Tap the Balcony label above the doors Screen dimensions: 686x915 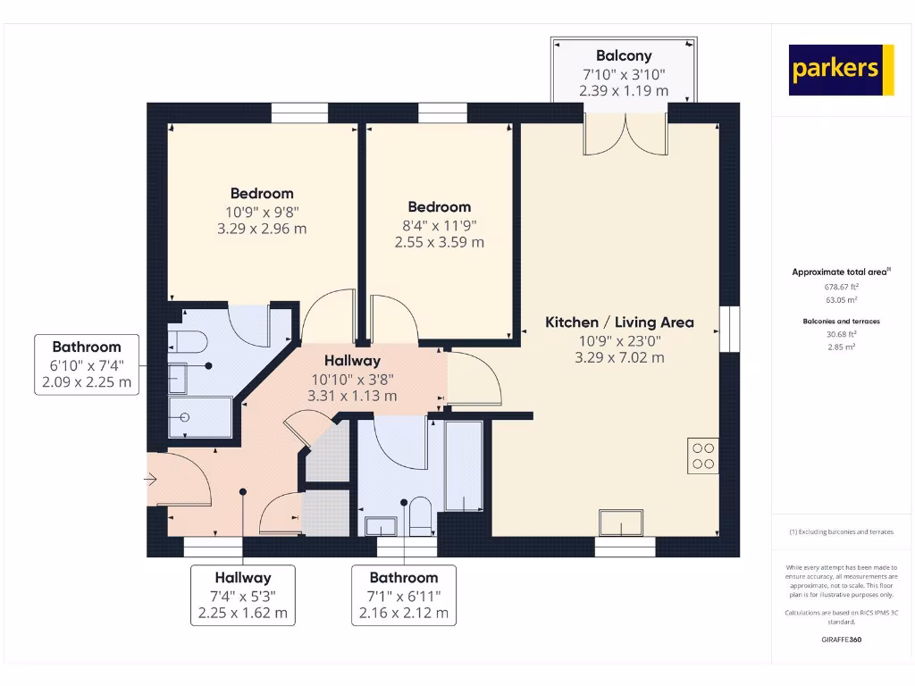(624, 55)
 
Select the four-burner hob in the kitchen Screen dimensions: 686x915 (702, 456)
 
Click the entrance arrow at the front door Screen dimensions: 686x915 (151, 480)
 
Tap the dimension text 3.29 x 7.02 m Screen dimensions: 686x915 (619, 357)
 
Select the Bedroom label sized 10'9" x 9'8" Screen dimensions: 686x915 (262, 193)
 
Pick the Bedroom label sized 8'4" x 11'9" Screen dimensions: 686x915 (439, 206)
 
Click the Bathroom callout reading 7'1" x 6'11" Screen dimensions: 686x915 (404, 595)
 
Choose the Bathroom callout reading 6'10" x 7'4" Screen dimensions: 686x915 (86, 364)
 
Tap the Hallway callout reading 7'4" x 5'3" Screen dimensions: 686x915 (242, 595)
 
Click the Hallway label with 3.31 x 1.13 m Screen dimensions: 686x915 (352, 361)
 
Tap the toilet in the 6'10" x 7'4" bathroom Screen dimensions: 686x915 (188, 340)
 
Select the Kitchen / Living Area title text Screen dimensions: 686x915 (619, 322)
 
